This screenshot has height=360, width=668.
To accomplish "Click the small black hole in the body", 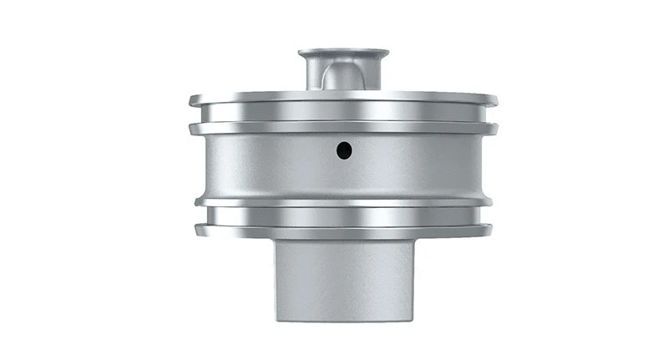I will (x=344, y=150).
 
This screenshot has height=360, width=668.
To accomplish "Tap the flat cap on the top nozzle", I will (x=343, y=53).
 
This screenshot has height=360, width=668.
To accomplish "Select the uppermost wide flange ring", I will (x=343, y=99).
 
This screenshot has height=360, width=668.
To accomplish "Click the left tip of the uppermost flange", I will (x=191, y=101).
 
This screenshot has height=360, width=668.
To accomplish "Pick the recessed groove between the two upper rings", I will (x=343, y=113).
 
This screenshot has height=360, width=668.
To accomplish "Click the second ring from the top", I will (x=343, y=127).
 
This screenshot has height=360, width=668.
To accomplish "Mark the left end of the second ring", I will (x=191, y=129).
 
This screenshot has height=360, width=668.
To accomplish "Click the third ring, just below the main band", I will (x=343, y=202).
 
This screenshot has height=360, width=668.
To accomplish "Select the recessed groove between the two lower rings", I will (x=343, y=215).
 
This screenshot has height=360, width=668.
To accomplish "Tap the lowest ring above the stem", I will (x=343, y=230).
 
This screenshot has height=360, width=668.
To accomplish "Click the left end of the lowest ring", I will (x=197, y=230).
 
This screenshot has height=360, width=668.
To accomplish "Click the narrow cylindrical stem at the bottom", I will (x=343, y=280).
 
